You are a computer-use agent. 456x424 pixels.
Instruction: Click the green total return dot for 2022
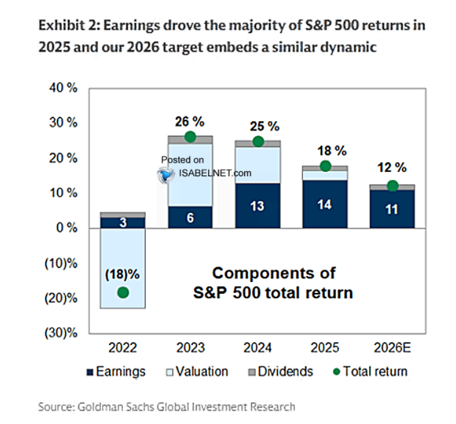pyautogui.click(x=123, y=292)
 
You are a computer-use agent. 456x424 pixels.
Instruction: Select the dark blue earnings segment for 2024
pyautogui.click(x=258, y=206)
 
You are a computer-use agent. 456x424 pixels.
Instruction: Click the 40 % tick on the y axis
pyautogui.click(x=63, y=88)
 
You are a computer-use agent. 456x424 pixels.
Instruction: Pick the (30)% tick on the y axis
pyautogui.click(x=61, y=334)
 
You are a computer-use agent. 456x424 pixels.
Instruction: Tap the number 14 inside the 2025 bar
pyautogui.click(x=325, y=205)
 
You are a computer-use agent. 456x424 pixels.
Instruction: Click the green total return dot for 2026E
pyautogui.click(x=392, y=186)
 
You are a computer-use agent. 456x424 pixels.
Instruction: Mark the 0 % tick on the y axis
pyautogui.click(x=66, y=228)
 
